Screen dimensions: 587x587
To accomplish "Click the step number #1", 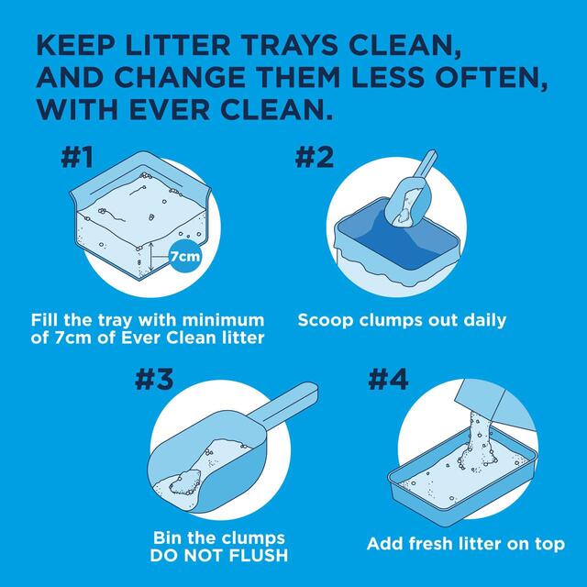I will [78, 158].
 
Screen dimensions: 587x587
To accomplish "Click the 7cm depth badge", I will [184, 257].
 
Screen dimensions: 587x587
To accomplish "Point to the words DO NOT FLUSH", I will [218, 555].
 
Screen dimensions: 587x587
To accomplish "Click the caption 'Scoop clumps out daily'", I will [402, 320].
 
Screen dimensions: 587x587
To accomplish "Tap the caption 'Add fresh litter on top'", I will [466, 544].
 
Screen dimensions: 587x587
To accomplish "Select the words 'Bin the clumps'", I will [218, 537].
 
